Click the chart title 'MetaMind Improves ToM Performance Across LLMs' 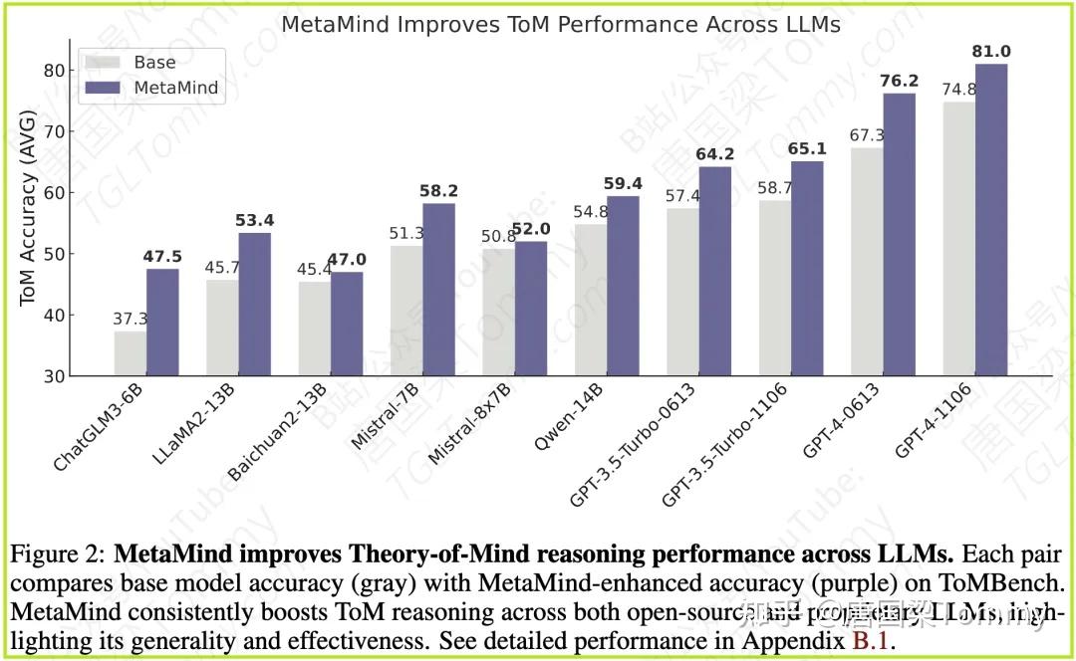tap(561, 24)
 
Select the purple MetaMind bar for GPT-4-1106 tap(991, 219)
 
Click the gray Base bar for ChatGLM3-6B tap(130, 353)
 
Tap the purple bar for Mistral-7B tap(438, 289)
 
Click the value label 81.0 tap(991, 52)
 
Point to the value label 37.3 tap(130, 319)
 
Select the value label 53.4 tap(255, 219)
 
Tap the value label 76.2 tap(900, 81)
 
